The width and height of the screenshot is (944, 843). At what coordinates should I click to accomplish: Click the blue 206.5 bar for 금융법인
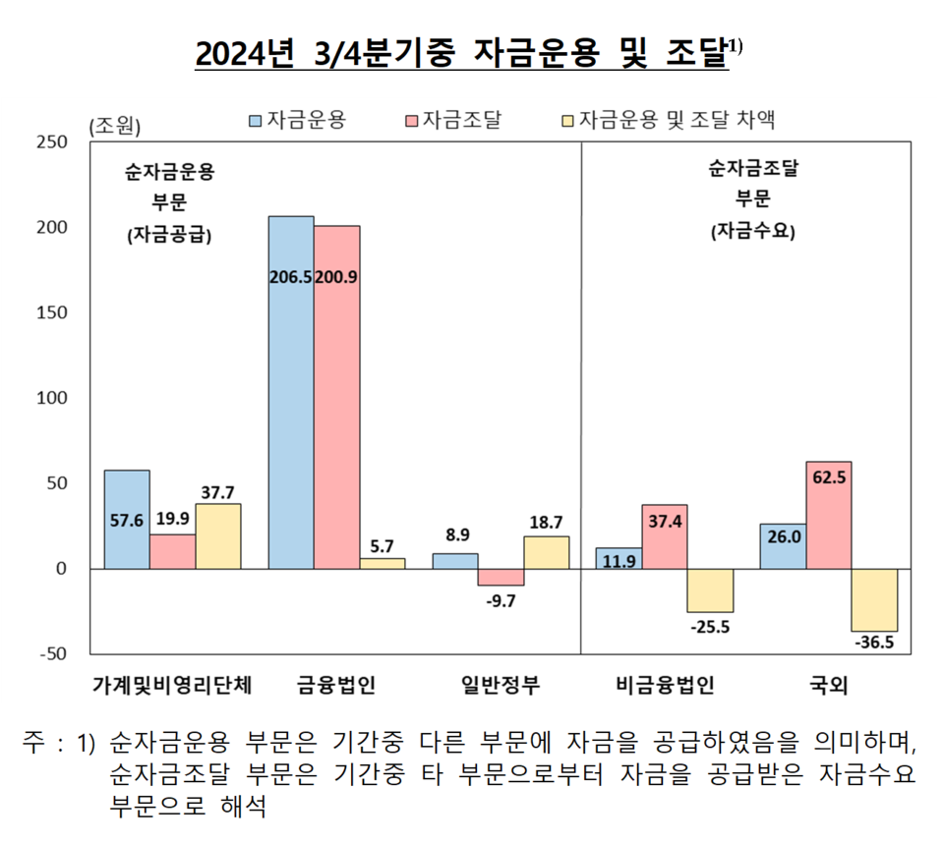tap(291, 392)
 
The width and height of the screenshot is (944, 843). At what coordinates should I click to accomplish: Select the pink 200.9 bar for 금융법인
tap(336, 397)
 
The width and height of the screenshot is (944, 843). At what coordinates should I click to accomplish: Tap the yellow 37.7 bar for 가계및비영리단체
tap(218, 536)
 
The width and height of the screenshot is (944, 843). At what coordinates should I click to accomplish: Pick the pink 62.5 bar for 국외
tap(828, 515)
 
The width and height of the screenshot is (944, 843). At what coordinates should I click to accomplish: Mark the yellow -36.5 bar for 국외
tap(874, 600)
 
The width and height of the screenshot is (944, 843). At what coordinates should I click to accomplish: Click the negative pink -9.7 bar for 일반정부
tap(501, 577)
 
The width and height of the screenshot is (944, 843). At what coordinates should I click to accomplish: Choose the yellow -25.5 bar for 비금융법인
tap(710, 590)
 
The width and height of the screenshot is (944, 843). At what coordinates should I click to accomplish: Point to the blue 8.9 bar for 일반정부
tap(455, 561)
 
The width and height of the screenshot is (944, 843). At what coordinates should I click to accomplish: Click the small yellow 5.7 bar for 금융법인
tap(383, 564)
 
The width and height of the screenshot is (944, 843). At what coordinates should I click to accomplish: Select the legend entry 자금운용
tap(298, 120)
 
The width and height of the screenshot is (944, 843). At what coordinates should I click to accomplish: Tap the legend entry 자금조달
tap(453, 120)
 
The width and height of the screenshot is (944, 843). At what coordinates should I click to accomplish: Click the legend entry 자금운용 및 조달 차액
tap(669, 120)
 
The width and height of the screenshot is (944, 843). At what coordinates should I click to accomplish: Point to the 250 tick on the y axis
tap(52, 142)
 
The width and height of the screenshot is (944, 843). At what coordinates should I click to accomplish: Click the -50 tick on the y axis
tap(53, 653)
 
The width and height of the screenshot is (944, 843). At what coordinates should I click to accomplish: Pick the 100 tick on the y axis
tap(52, 398)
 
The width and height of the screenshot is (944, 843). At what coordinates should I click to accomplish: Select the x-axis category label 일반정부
tap(501, 685)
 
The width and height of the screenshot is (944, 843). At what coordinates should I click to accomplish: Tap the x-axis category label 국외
tap(829, 685)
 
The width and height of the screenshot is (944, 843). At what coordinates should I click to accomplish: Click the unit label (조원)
tap(114, 127)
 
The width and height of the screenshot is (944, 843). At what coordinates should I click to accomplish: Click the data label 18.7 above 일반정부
tap(546, 523)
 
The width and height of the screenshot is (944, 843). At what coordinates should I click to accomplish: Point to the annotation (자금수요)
tap(752, 231)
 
